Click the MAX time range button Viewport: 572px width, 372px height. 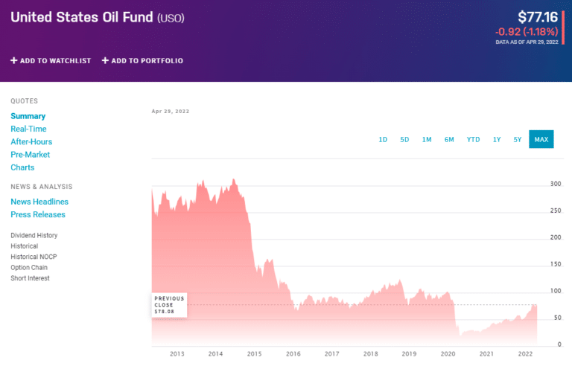click(x=541, y=139)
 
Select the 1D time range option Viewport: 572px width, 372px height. click(x=383, y=139)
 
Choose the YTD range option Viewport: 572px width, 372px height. click(x=473, y=139)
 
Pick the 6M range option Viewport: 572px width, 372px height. click(x=449, y=139)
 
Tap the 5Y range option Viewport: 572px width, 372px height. click(x=517, y=139)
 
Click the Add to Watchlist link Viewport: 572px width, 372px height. click(x=51, y=60)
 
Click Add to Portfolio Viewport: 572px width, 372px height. click(x=142, y=60)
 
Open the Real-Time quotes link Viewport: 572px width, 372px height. click(x=28, y=129)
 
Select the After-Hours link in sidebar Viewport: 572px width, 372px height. click(x=31, y=141)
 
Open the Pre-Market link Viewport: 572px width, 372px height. click(x=30, y=155)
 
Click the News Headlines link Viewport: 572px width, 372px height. click(x=39, y=202)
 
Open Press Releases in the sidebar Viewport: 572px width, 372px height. click(x=38, y=214)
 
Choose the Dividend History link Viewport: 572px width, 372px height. click(x=34, y=235)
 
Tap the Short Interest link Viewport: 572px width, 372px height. click(x=30, y=278)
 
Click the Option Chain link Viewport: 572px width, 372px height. click(x=29, y=267)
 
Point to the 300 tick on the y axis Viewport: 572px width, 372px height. click(x=555, y=184)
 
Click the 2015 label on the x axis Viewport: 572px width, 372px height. click(x=254, y=354)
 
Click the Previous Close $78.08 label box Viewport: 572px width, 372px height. click(x=169, y=305)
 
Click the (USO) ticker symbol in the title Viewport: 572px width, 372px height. click(x=171, y=17)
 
